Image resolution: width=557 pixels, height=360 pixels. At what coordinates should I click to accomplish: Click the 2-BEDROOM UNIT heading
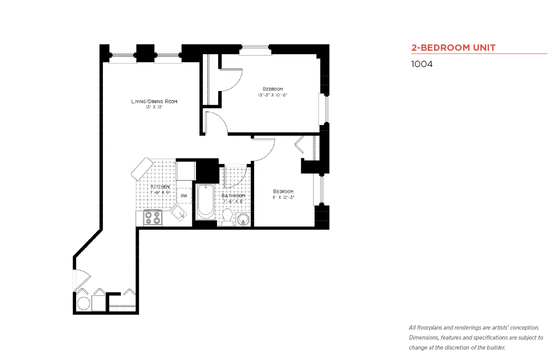[453, 48]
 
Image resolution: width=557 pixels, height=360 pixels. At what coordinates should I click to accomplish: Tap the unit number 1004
[422, 64]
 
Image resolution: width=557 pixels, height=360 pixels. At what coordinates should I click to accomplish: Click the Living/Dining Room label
[154, 101]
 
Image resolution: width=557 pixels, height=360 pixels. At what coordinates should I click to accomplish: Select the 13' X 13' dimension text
[154, 107]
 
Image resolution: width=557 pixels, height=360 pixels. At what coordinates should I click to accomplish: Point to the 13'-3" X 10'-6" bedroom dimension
[273, 95]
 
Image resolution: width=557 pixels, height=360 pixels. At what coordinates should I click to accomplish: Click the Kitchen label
[160, 186]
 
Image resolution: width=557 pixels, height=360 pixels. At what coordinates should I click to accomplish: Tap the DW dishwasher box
[184, 196]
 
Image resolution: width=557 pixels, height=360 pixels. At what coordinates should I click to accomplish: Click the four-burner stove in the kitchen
[153, 218]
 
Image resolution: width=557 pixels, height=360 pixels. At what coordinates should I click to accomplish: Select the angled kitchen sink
[179, 213]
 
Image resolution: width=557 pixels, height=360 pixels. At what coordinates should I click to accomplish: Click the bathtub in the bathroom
[205, 202]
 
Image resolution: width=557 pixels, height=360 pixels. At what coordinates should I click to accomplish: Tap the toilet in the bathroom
[227, 218]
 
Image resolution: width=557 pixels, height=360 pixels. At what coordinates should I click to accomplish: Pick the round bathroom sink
[243, 219]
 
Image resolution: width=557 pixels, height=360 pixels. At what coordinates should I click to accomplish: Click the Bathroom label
[233, 196]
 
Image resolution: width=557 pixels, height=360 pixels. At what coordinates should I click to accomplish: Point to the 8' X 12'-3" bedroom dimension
[283, 197]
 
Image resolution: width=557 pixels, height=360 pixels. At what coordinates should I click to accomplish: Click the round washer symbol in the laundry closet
[83, 304]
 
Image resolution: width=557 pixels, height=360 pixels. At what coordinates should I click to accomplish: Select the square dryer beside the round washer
[99, 303]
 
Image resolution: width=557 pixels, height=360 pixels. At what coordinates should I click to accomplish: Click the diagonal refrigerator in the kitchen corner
[142, 169]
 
